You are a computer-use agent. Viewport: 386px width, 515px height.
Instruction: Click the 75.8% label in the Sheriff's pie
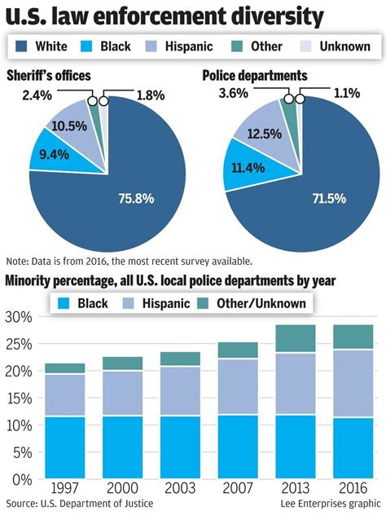[x=136, y=198]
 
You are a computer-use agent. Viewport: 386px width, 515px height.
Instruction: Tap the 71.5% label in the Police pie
[x=329, y=198]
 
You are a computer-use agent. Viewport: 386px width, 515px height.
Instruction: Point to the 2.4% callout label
[x=37, y=95]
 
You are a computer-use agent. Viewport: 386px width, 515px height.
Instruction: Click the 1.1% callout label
[x=347, y=93]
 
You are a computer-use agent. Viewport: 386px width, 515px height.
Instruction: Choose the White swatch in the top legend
[x=21, y=46]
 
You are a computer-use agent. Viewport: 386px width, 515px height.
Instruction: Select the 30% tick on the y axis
[x=19, y=317]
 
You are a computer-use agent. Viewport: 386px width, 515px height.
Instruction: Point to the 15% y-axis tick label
[x=19, y=398]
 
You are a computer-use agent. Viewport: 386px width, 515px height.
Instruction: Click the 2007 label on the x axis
[x=238, y=488]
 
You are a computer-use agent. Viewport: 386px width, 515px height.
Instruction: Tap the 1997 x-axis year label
[x=64, y=488]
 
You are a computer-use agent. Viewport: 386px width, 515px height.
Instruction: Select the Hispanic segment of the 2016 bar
[x=353, y=384]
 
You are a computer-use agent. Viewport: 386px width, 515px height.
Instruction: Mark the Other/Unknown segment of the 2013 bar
[x=296, y=339]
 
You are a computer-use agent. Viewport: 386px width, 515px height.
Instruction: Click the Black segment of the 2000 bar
[x=122, y=447]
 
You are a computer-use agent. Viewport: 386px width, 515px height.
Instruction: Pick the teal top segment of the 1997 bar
[x=65, y=368]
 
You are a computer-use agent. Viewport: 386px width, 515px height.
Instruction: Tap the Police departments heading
[x=255, y=76]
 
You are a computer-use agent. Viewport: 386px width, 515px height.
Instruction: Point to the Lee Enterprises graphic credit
[x=331, y=504]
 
